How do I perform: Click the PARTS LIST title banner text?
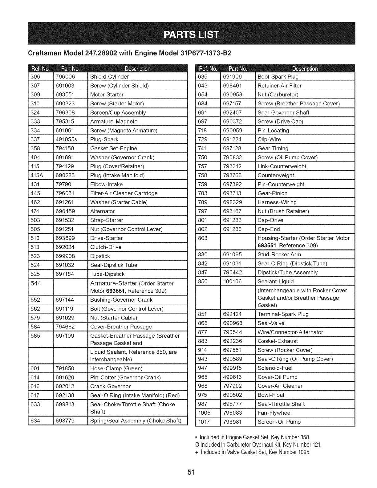click(191, 34)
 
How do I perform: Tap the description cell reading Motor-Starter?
click(107, 95)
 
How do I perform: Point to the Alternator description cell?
click(102, 211)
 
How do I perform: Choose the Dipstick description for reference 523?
click(100, 256)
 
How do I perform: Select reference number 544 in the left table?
click(36, 283)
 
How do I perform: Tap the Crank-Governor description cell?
click(110, 386)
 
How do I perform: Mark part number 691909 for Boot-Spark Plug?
click(233, 77)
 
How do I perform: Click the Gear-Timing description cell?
click(273, 148)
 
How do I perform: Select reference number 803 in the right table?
click(203, 238)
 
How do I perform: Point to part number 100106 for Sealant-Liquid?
click(233, 282)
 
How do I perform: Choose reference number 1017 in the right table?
click(204, 422)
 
